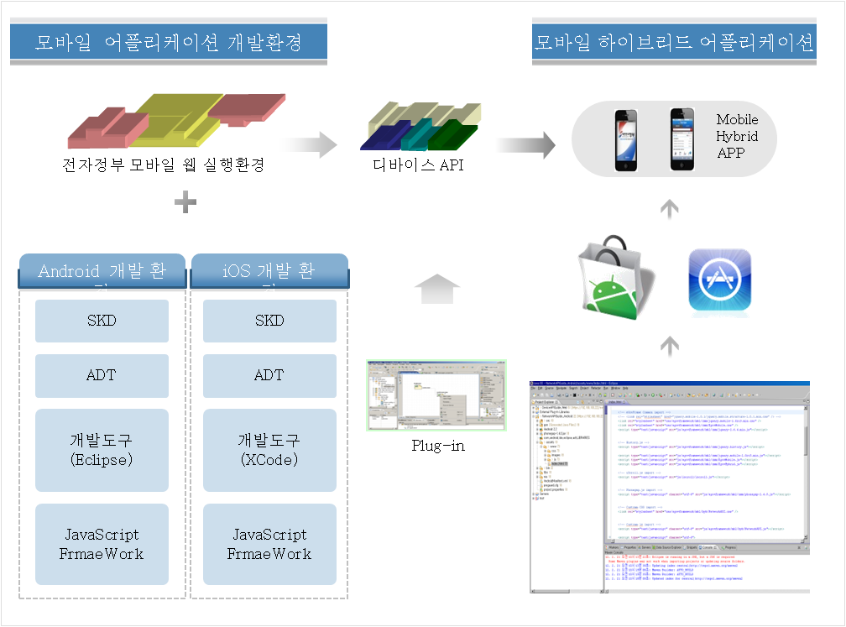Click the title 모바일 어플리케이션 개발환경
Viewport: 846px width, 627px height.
click(x=168, y=42)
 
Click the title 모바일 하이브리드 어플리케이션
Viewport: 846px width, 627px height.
click(x=674, y=42)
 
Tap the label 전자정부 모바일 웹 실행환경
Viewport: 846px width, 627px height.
click(x=164, y=165)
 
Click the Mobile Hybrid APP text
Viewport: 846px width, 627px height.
click(x=737, y=136)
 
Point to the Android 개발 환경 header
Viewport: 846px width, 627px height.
click(x=102, y=273)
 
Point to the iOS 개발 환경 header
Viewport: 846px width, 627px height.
click(x=269, y=273)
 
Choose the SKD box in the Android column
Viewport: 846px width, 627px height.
click(x=102, y=321)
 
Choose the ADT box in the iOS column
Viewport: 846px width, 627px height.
click(x=269, y=375)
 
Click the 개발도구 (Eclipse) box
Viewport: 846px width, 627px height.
click(x=102, y=450)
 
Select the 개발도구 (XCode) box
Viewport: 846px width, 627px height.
click(x=269, y=450)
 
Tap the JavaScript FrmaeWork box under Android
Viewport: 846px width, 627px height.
click(x=102, y=544)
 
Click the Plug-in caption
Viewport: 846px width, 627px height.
click(x=438, y=446)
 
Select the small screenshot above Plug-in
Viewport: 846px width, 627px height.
click(x=436, y=395)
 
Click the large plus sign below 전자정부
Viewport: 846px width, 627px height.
click(x=185, y=201)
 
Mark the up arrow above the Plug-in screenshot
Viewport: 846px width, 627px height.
click(x=437, y=290)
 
